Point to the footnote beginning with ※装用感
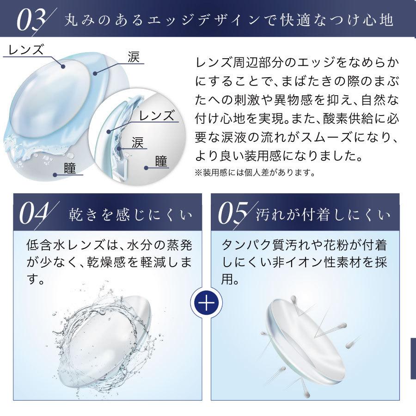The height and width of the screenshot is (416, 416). [x=255, y=174]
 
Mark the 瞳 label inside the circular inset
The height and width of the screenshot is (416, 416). [x=161, y=161]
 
